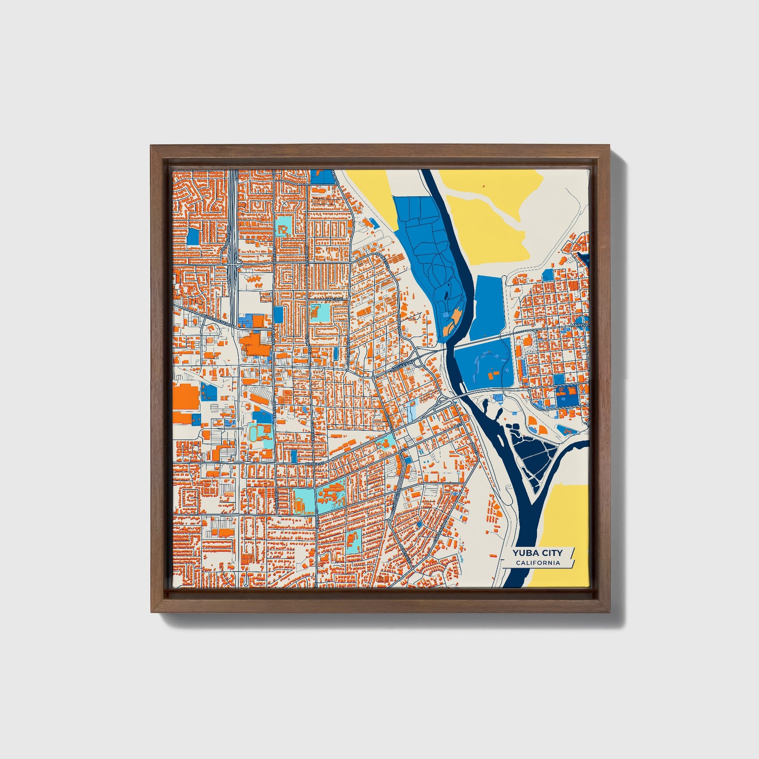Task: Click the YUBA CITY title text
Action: tap(537, 553)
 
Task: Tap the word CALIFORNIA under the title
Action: tap(538, 563)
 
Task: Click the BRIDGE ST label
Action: tap(315, 464)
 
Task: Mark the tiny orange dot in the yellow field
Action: tap(484, 186)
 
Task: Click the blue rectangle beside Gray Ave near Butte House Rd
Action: tap(278, 315)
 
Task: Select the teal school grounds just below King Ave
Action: tap(321, 312)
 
